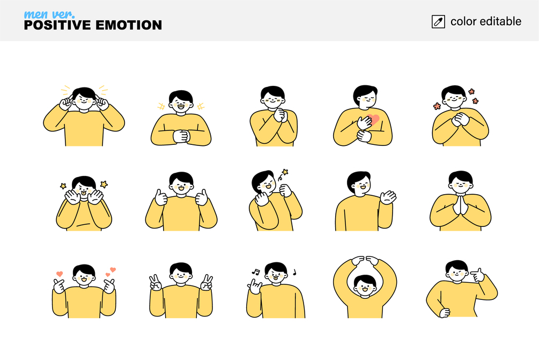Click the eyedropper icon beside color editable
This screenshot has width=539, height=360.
click(x=438, y=21)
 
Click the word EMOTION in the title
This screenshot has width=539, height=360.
click(x=129, y=25)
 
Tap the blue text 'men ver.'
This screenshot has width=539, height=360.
click(x=49, y=14)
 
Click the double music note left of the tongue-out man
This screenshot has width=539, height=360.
click(x=255, y=271)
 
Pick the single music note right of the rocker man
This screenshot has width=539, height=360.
click(x=294, y=273)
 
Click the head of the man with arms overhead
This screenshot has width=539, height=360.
click(x=365, y=285)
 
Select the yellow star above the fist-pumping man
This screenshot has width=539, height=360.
click(x=285, y=172)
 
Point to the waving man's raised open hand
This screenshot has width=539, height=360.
click(x=388, y=197)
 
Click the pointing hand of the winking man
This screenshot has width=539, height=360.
click(x=477, y=275)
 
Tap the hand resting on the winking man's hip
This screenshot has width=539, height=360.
click(x=445, y=313)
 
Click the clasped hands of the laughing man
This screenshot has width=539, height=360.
click(x=181, y=136)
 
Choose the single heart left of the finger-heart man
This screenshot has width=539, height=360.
click(x=60, y=274)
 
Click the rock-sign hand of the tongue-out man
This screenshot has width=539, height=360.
click(x=254, y=286)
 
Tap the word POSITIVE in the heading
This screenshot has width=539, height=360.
click(x=57, y=25)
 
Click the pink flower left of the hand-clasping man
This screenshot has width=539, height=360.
click(x=437, y=106)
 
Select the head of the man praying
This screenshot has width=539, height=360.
click(x=460, y=182)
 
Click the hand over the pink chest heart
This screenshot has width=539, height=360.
click(x=364, y=123)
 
